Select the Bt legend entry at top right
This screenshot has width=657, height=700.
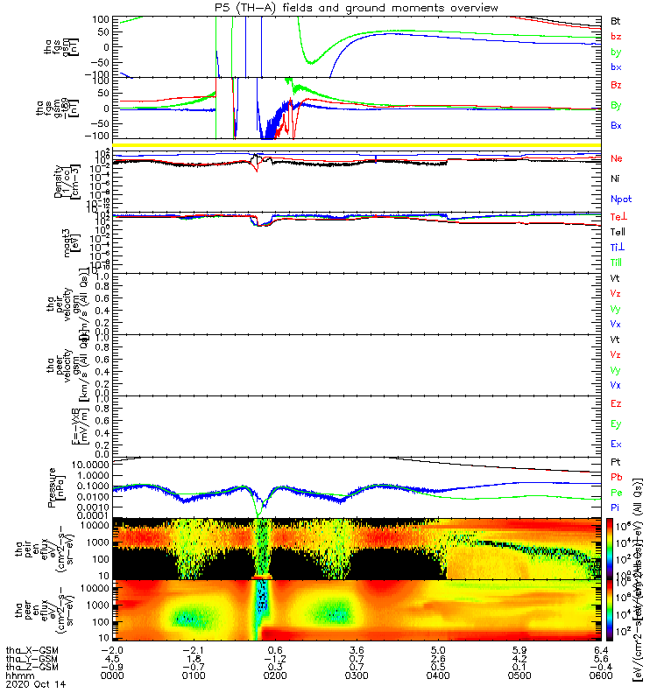click(616, 19)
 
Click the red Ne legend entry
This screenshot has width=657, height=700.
click(617, 158)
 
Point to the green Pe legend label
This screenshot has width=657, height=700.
click(617, 492)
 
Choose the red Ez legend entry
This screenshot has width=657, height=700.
click(617, 404)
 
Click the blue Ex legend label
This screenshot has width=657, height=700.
click(617, 444)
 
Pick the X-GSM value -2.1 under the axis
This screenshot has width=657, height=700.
click(193, 650)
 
